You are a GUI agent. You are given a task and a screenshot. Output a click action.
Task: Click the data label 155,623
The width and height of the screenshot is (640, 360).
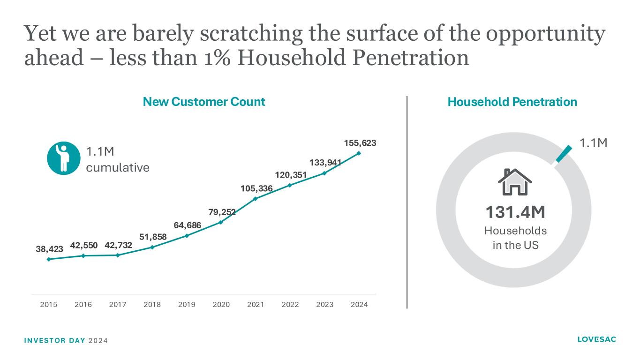click(359, 142)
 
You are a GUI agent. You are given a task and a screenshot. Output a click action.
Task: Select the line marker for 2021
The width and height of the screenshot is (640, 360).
click(256, 199)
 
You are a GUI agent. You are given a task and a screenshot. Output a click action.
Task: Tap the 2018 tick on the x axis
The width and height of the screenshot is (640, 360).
click(152, 305)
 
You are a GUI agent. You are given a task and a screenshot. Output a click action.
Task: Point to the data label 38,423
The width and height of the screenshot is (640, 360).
click(50, 249)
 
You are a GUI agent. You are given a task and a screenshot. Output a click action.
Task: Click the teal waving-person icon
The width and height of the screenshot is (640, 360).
click(62, 157)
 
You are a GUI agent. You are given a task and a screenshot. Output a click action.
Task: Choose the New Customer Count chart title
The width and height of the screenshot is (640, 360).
click(204, 102)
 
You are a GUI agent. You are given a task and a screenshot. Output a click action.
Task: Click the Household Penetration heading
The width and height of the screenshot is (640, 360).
click(512, 102)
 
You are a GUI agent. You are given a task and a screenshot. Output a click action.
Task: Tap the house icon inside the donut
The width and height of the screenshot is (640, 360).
click(515, 182)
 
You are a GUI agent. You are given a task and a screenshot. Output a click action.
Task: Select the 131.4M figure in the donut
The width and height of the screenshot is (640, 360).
click(515, 212)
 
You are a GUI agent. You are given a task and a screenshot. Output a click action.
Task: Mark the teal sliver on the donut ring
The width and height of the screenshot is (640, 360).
click(564, 154)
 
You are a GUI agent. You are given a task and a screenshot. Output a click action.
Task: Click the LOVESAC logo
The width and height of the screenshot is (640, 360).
click(597, 339)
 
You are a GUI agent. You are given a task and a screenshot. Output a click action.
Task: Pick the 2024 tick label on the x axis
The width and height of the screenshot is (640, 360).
click(359, 305)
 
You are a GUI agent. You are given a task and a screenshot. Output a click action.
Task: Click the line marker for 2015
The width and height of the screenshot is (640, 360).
click(49, 259)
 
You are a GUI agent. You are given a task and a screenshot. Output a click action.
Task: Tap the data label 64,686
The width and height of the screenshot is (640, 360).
click(188, 225)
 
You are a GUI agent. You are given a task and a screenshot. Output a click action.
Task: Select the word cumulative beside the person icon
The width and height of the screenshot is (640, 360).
click(118, 167)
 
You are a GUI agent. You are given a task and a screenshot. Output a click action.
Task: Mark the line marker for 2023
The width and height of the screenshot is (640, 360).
click(324, 173)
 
